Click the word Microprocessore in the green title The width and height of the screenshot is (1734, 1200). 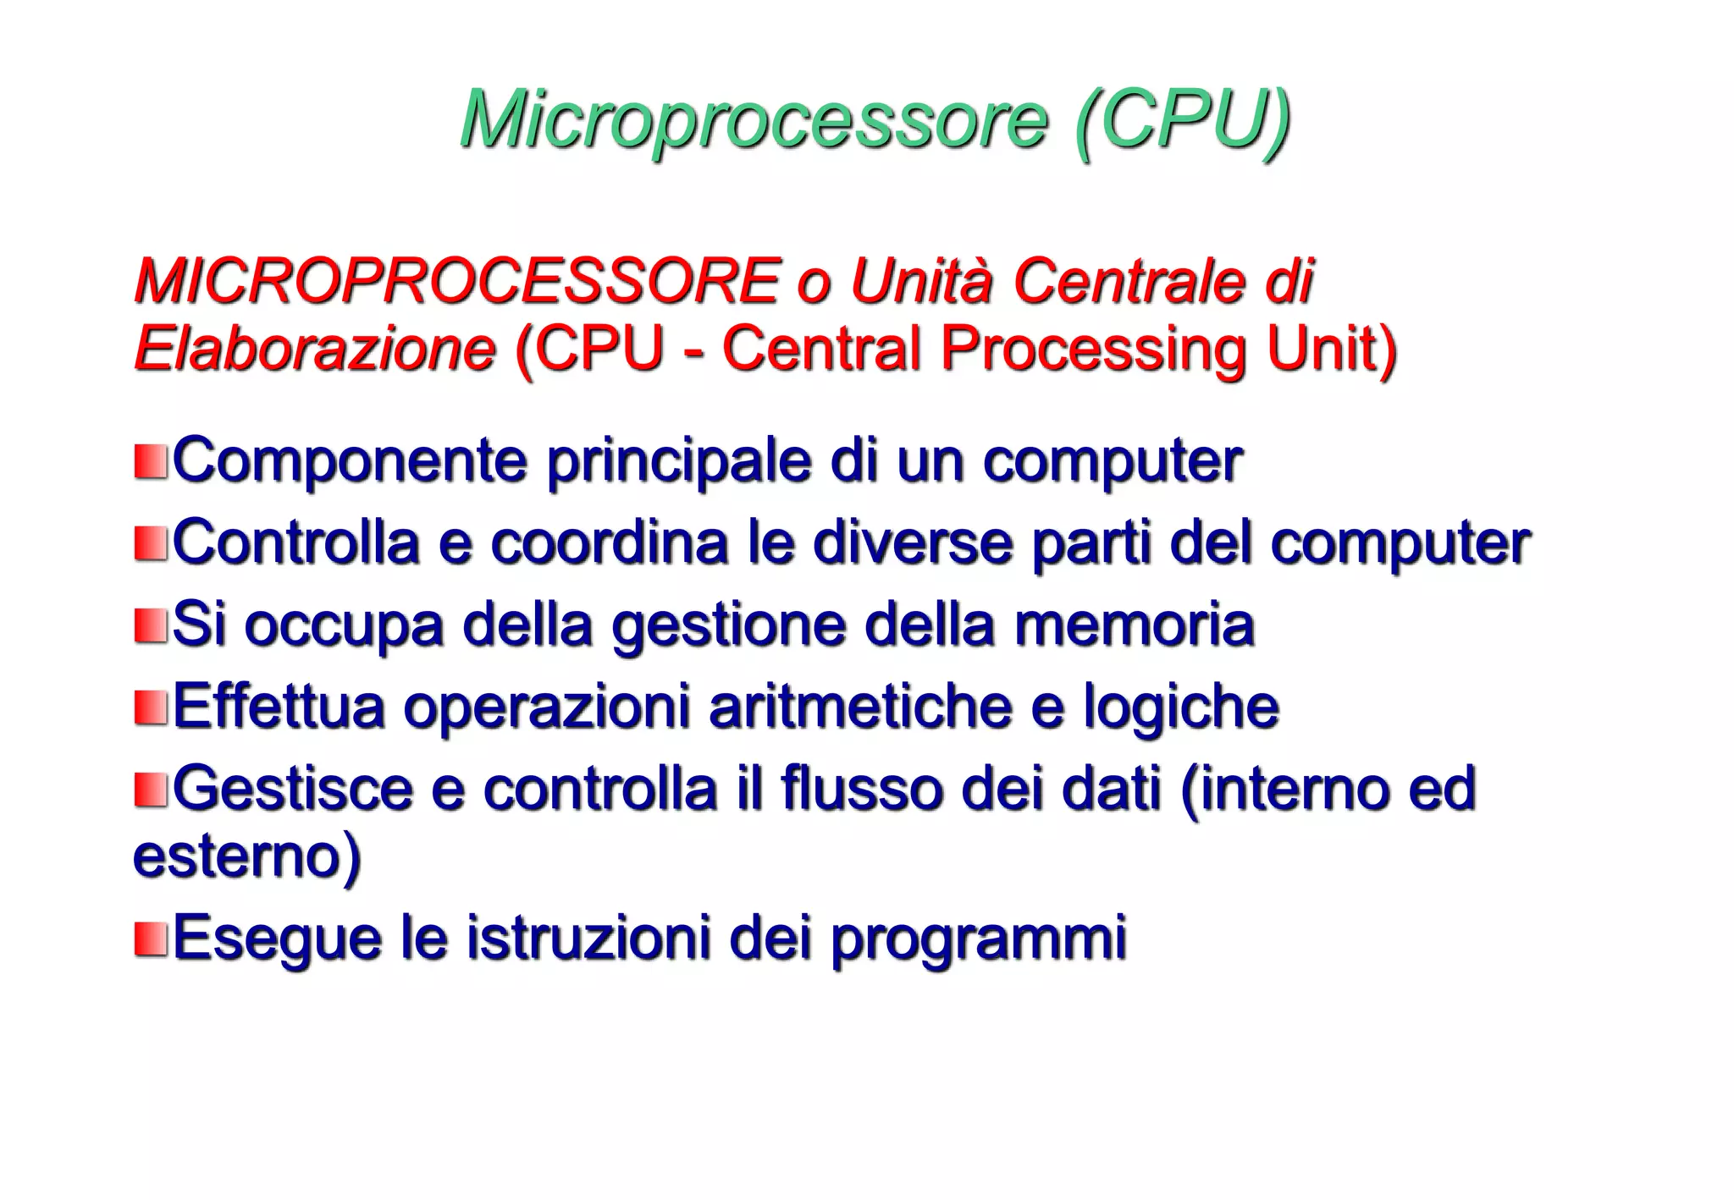click(x=754, y=120)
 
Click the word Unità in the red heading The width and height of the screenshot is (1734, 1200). click(x=920, y=281)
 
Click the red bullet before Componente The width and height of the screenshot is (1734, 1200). click(x=151, y=462)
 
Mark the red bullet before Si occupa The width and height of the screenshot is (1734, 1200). click(x=151, y=626)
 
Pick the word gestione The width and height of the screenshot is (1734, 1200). click(x=729, y=626)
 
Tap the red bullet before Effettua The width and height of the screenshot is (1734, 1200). click(x=151, y=708)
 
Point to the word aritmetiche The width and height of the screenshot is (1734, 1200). click(x=860, y=707)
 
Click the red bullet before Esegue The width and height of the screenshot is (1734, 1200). click(x=151, y=939)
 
